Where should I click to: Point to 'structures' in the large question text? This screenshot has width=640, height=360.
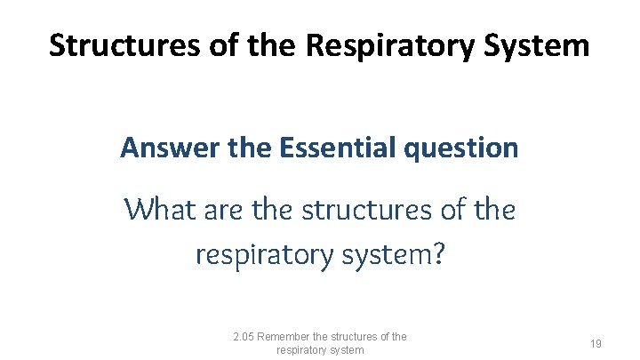(x=366, y=210)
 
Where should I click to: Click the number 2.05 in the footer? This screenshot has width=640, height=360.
(x=244, y=336)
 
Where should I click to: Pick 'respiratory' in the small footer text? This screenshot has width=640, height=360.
(x=303, y=350)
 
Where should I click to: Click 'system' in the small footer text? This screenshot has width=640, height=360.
(x=348, y=350)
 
